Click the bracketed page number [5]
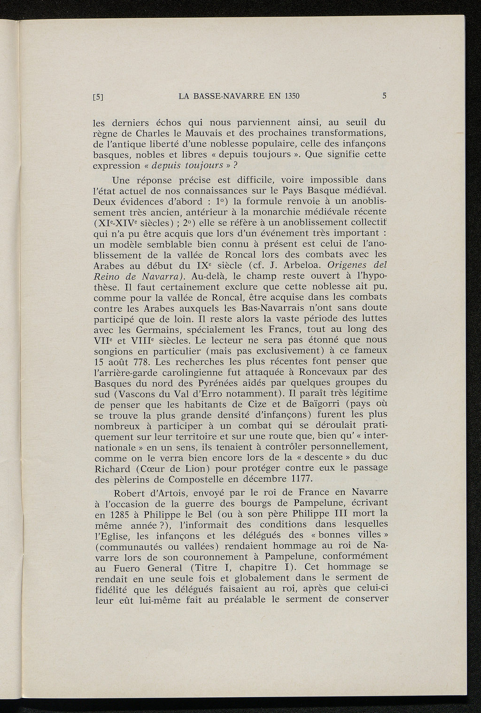click(x=98, y=97)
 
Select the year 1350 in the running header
click(x=290, y=97)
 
